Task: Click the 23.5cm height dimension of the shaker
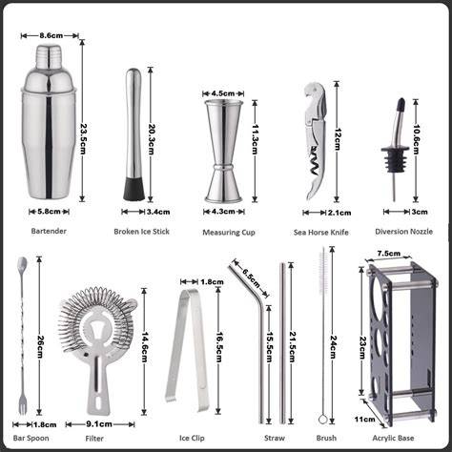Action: tap(83, 139)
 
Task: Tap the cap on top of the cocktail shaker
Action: tap(49, 56)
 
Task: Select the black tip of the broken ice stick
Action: tap(134, 189)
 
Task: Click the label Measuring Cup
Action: tap(229, 233)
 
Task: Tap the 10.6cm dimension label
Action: tap(416, 139)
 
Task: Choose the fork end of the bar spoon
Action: tap(23, 403)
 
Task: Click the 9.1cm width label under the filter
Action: tap(99, 424)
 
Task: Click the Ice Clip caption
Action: tap(192, 438)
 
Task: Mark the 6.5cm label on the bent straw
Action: tap(251, 278)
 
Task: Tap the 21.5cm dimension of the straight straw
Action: tap(292, 347)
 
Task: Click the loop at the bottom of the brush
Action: tap(323, 420)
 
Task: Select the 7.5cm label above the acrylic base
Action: tap(389, 254)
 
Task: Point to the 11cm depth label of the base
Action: tap(364, 420)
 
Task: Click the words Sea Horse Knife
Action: tap(321, 233)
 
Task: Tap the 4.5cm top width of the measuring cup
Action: tap(223, 93)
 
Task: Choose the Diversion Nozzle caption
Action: tap(403, 232)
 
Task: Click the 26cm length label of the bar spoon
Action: tap(40, 347)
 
